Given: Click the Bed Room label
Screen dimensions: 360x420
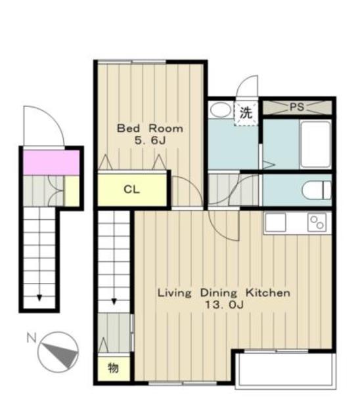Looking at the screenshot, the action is [x=150, y=129].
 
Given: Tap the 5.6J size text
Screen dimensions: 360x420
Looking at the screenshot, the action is [x=150, y=140].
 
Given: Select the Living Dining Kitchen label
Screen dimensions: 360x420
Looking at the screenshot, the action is [x=224, y=293].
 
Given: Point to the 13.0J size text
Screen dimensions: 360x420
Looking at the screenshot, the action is [x=224, y=304].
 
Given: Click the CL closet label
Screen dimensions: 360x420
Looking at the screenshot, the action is [x=131, y=190].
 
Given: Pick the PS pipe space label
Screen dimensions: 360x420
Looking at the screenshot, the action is [x=297, y=107].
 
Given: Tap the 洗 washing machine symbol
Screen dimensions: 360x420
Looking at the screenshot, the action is [x=246, y=113].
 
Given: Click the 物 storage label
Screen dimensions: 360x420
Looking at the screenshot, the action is [x=113, y=367].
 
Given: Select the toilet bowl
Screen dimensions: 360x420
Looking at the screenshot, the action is [x=317, y=190].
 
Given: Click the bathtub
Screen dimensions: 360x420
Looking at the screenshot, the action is [x=316, y=144].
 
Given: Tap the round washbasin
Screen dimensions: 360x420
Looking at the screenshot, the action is [x=221, y=110].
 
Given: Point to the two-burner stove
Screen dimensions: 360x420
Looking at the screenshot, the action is [x=317, y=222].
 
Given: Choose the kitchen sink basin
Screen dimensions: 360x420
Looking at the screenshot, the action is [x=275, y=222].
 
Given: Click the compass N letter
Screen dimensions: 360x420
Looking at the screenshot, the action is [x=32, y=337].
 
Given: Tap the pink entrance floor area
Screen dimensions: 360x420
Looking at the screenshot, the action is [x=51, y=163].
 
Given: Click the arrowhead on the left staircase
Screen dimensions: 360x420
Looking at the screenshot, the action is [x=39, y=297].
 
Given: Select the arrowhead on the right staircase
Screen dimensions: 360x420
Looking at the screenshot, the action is [x=114, y=301].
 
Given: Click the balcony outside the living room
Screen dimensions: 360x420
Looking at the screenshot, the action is [x=286, y=370].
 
